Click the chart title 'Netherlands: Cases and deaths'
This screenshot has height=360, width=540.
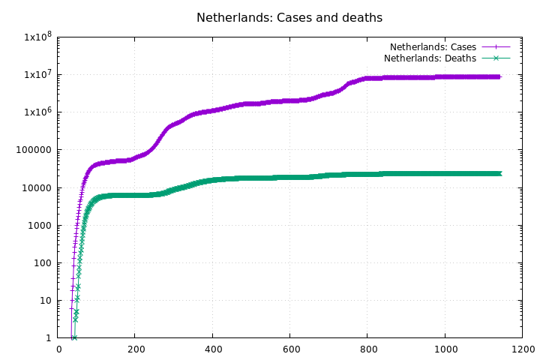[289, 17]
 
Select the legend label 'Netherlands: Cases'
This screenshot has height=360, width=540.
[433, 47]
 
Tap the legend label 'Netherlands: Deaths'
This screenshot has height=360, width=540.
[430, 58]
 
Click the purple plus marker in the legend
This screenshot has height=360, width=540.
[496, 47]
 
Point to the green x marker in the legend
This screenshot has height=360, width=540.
[496, 58]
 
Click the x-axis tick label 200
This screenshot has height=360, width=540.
[136, 349]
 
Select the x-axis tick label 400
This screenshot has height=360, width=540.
[213, 349]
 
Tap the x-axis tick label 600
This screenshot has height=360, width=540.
[290, 349]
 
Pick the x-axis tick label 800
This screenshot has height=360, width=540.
[367, 349]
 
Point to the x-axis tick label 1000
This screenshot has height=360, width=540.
[445, 349]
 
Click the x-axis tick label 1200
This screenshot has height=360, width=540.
[522, 349]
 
